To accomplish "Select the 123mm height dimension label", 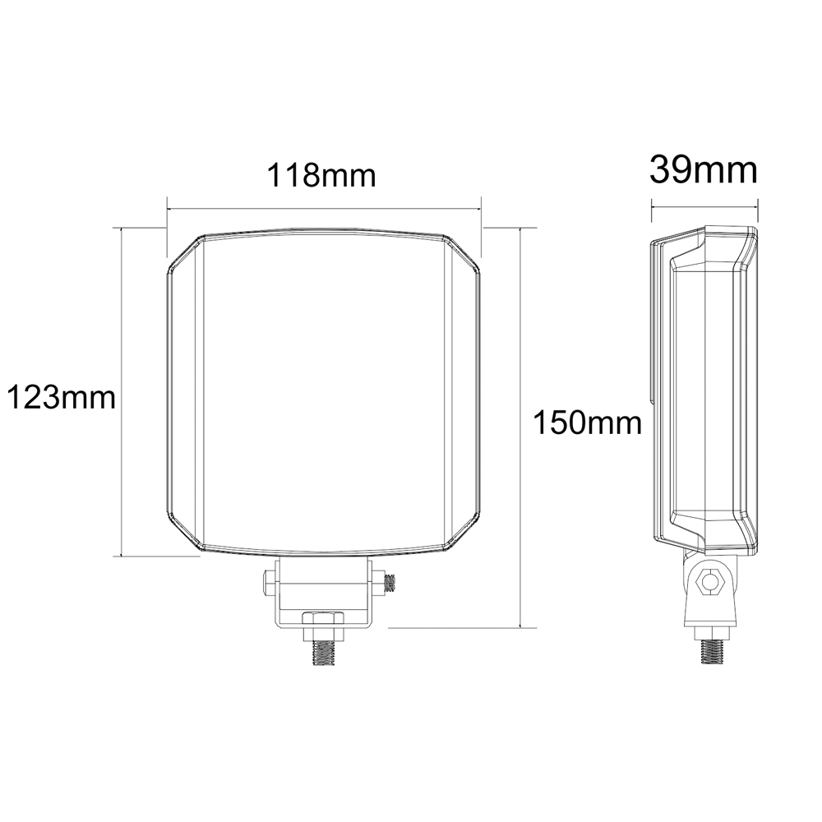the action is coord(61,397).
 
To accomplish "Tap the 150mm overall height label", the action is coord(587,423).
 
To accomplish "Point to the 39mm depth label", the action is coord(704,170).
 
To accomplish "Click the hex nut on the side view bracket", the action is coord(710,581).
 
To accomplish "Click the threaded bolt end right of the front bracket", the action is coord(389,583).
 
